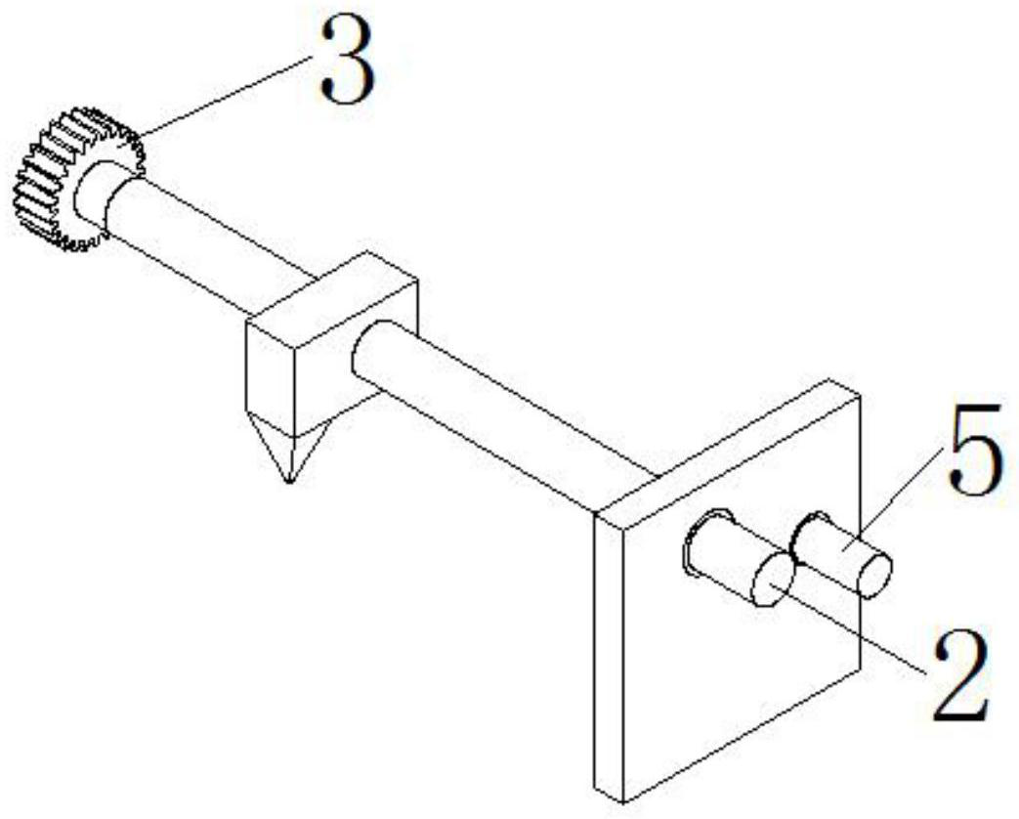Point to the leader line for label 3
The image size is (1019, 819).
225,97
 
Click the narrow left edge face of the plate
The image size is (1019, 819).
608,655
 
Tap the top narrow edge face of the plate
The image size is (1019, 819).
728,445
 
